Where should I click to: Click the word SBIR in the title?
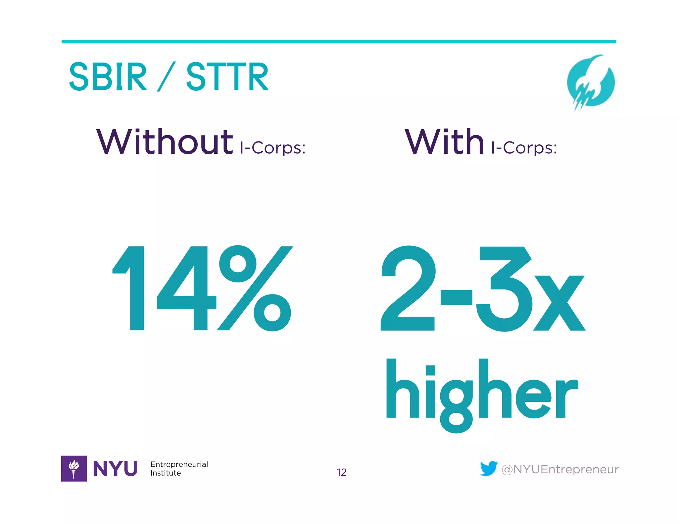coord(108,77)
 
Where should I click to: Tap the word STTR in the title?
coord(227,77)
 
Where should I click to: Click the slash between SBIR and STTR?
coord(166,77)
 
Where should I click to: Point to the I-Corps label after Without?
coord(272,148)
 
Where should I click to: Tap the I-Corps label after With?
coord(524,148)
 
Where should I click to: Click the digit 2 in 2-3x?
coord(408,288)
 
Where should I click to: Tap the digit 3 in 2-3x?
coord(503,288)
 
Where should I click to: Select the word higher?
coord(482,394)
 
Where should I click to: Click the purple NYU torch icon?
coord(74,468)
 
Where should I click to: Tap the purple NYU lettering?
coord(115,469)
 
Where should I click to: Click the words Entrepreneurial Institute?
coord(179,468)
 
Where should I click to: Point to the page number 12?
coord(342,472)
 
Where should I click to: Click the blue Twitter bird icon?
coord(489,468)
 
